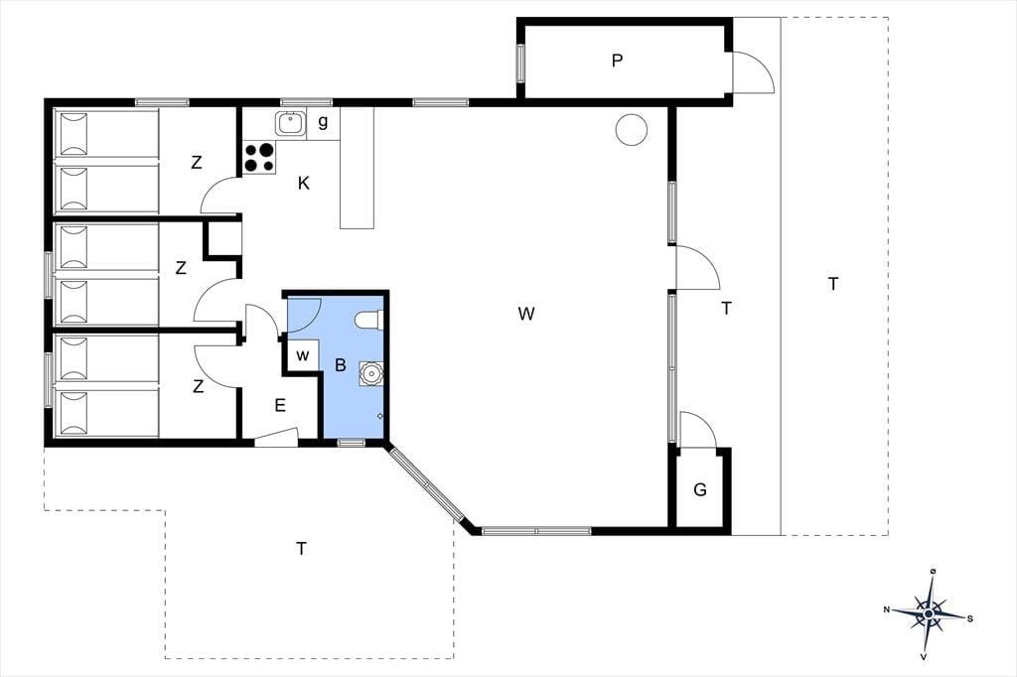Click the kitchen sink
290,123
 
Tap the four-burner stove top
259,158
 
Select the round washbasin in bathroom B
371,374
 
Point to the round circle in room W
631,129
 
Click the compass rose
929,612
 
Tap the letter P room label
618,61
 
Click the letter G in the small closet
700,489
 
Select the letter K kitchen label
304,184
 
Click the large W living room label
526,314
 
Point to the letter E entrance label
280,405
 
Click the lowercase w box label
302,355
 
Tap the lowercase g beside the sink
323,121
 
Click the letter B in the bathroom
341,365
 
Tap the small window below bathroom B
351,443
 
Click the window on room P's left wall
520,63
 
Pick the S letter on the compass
970,618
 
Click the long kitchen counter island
358,168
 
